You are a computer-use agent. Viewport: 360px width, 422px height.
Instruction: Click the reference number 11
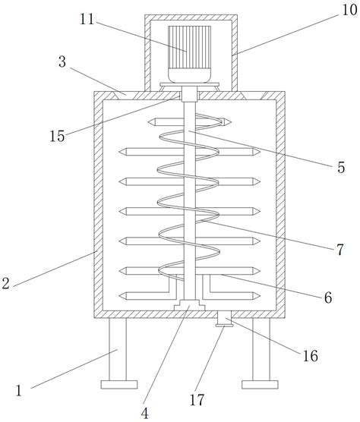(87, 20)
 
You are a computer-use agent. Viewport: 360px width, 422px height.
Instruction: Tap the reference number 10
(349, 10)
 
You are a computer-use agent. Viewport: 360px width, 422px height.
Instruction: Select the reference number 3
(62, 62)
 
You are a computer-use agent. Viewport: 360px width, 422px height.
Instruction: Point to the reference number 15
(57, 136)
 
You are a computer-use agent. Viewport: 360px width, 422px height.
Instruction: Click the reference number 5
(341, 168)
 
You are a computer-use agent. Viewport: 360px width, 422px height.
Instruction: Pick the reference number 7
(340, 250)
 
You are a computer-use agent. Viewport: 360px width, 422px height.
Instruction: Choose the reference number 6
(327, 298)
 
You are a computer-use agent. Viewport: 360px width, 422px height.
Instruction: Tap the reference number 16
(310, 356)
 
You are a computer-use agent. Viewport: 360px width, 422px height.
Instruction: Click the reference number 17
(197, 400)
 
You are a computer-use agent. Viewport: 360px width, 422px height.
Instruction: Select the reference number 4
(145, 413)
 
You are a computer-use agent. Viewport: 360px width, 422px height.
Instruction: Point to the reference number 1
(18, 391)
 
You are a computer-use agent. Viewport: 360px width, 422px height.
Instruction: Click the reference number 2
(5, 283)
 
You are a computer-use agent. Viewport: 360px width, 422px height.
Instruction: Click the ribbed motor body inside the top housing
(190, 47)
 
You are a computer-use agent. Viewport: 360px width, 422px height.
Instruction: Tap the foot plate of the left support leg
(119, 385)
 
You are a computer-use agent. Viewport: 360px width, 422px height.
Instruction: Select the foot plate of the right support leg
(260, 385)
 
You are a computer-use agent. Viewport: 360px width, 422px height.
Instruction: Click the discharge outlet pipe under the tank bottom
(224, 320)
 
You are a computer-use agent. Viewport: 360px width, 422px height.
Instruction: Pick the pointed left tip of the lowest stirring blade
(120, 296)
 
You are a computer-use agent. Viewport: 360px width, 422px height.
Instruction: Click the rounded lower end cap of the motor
(190, 76)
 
